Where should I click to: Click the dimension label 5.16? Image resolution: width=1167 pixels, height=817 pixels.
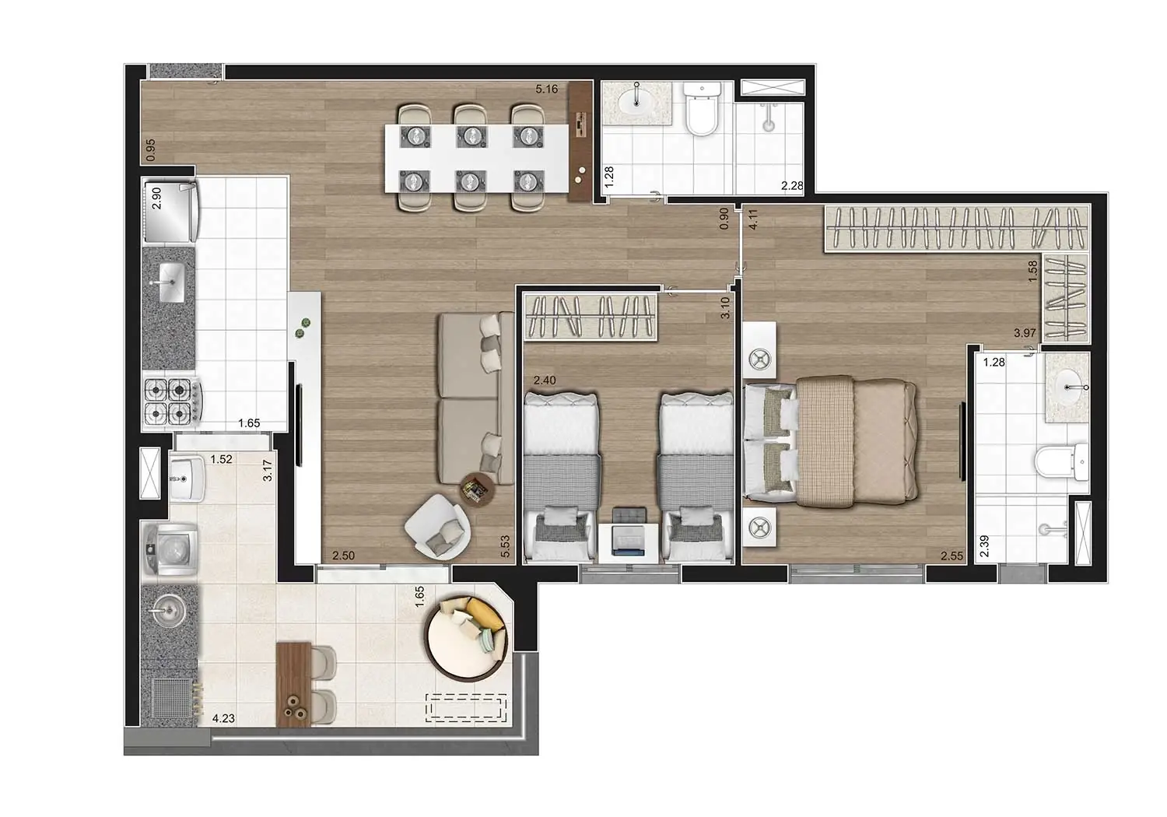(546, 89)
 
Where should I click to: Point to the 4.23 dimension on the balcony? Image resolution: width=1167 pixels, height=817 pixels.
(223, 718)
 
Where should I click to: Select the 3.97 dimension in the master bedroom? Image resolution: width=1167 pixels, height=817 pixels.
(1025, 333)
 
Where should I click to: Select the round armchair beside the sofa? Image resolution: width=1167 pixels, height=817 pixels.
(437, 528)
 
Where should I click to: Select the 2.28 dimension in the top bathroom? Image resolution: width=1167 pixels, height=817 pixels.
(792, 185)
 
